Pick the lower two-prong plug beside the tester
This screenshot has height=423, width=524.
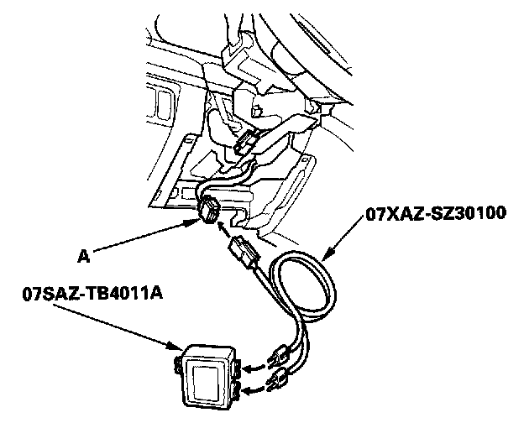pyautogui.click(x=275, y=385)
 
